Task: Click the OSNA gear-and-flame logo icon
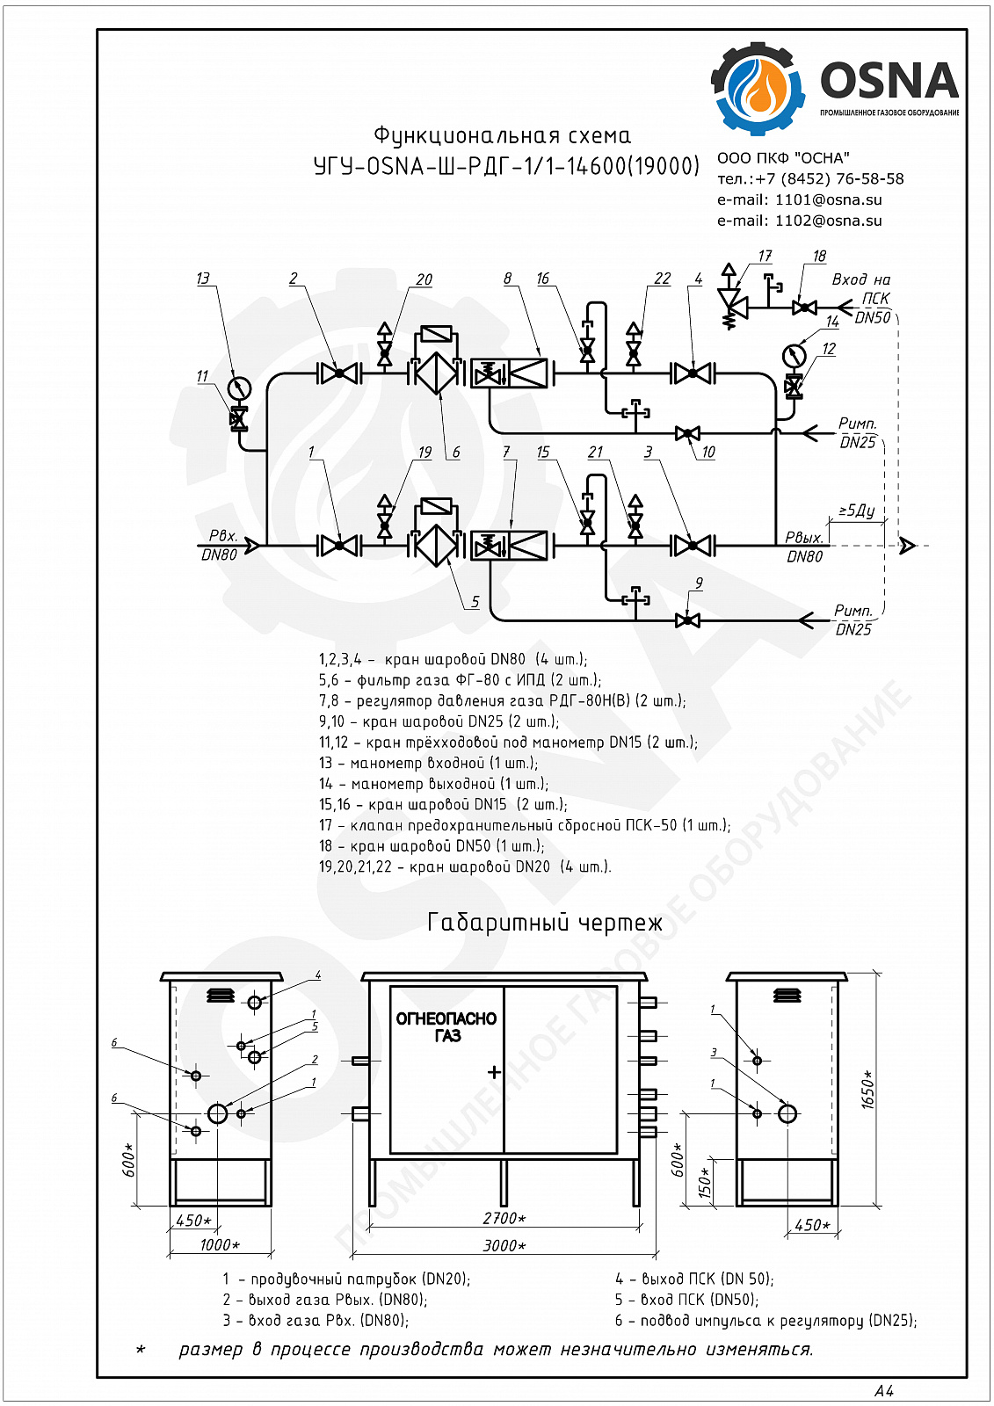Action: pos(758,88)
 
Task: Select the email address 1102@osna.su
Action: pos(828,221)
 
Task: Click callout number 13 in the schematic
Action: pos(203,278)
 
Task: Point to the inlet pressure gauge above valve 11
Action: pos(239,388)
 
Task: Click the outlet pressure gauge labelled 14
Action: pos(794,355)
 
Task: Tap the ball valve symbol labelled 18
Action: pos(804,308)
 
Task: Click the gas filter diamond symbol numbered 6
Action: pos(437,373)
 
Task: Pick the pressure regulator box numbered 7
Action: pos(509,546)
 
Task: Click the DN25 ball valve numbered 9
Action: pos(687,620)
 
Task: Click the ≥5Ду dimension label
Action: pos(857,511)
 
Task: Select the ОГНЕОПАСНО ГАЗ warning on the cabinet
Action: pos(446,1026)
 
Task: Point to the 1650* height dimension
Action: pos(868,1091)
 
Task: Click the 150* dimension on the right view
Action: pos(705,1183)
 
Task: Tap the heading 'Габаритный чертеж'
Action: pos(544,923)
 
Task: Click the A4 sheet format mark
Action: pos(884,1390)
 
